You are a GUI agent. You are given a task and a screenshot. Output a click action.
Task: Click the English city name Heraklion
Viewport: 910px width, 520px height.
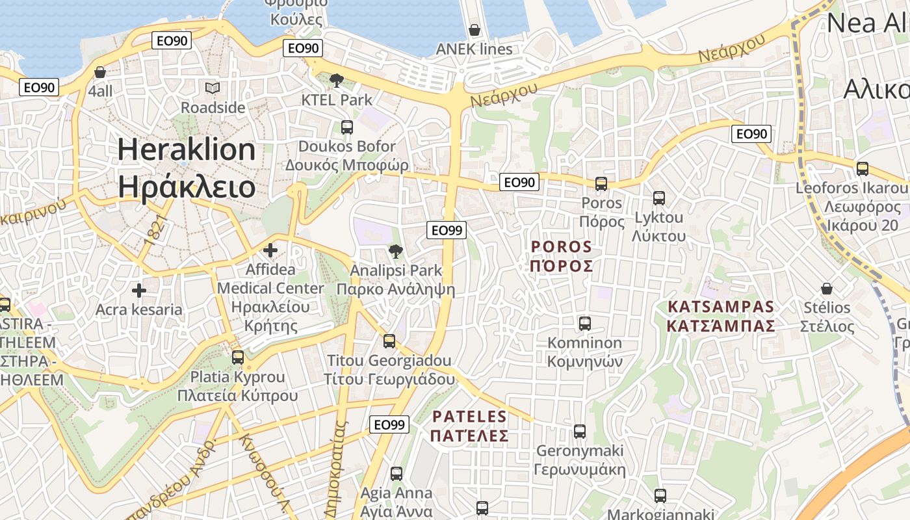coord(187,149)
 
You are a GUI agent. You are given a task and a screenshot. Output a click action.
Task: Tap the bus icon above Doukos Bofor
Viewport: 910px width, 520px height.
coord(347,127)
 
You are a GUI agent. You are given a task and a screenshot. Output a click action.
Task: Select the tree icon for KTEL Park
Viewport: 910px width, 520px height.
coord(337,81)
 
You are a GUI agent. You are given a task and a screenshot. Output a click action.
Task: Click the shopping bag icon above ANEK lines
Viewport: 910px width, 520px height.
coord(474,30)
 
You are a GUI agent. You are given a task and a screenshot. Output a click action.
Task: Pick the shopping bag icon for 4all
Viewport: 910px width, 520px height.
coord(100,72)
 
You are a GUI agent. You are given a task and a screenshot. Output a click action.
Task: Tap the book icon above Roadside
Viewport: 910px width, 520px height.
coord(213,88)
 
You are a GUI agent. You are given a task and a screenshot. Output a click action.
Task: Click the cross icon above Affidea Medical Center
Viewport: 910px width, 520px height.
coord(270,250)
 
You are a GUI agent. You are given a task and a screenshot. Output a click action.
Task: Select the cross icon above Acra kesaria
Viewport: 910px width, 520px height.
coord(139,290)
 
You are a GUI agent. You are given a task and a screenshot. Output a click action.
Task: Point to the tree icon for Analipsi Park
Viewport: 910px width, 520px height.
coord(395,251)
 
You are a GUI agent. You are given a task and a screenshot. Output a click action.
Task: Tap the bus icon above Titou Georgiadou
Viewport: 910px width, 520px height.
coord(389,341)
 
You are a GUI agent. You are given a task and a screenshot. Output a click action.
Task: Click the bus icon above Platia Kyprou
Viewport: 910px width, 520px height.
coord(238,357)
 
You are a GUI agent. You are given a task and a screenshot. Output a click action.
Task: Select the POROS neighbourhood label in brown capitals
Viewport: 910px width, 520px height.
coord(562,247)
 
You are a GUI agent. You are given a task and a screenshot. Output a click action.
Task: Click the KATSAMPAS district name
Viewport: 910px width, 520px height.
coord(721,307)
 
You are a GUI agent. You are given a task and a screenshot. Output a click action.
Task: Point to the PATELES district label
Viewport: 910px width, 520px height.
coord(469,416)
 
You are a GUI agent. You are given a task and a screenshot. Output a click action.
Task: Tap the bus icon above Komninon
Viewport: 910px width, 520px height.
coord(585,323)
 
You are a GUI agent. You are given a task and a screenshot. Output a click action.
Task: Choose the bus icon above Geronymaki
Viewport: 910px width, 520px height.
coord(580,431)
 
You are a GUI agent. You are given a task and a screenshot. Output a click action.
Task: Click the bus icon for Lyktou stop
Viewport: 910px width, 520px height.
coord(659,198)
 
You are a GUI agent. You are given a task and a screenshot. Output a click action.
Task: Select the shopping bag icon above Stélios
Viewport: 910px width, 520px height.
coord(827,288)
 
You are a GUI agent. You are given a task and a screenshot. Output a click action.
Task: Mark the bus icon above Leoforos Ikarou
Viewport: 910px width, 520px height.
coord(863,168)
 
